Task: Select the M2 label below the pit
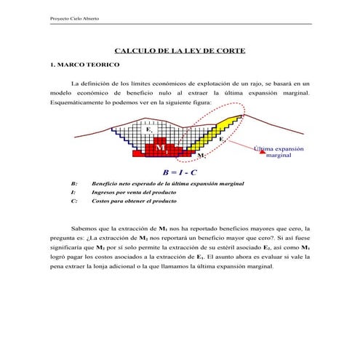tap(201, 156)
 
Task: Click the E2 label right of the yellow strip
tap(222, 138)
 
